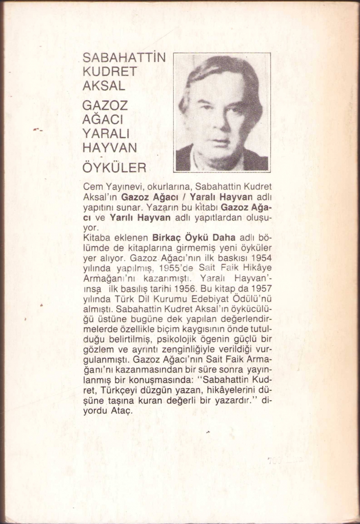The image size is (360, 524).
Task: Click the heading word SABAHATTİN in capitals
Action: (124, 57)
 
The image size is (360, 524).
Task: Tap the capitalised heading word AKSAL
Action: (104, 86)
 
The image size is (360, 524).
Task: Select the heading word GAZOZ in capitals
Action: (105, 105)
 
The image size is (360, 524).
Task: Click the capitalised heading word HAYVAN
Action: (110, 147)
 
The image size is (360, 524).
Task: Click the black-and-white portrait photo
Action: (222, 112)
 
